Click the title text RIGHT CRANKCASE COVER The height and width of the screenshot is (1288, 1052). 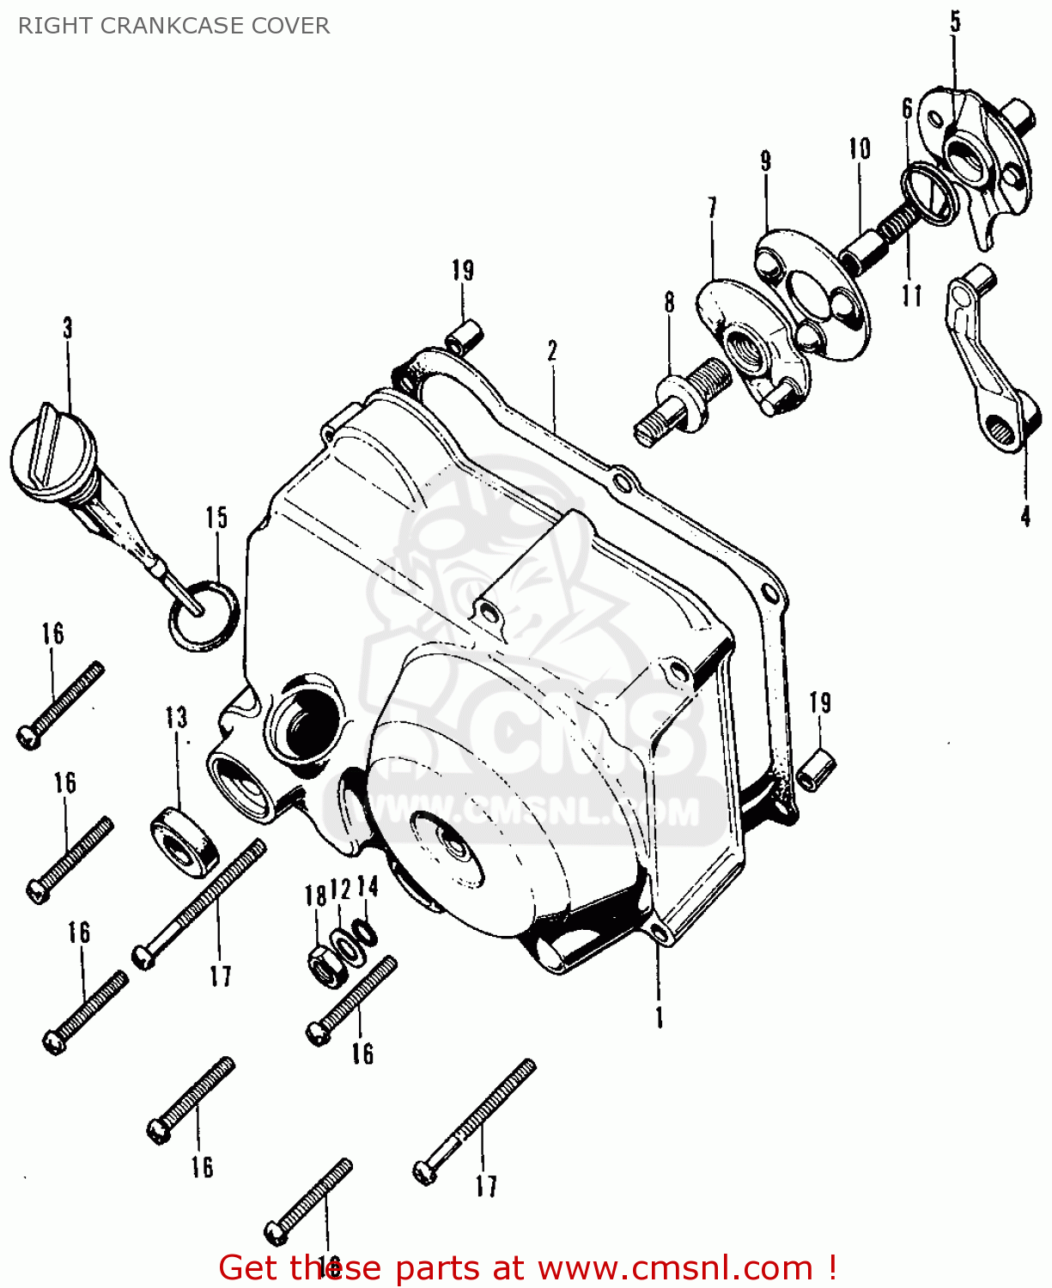click(173, 26)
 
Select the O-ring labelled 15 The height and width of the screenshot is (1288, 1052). click(204, 615)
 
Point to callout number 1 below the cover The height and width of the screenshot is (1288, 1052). click(660, 1018)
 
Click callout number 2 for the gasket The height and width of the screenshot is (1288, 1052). click(553, 350)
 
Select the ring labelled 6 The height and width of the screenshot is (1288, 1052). click(929, 194)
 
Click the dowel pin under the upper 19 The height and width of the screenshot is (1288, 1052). click(465, 336)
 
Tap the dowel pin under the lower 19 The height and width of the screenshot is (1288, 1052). click(817, 769)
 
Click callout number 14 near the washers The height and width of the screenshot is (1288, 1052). click(368, 886)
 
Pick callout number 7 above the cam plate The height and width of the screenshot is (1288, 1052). click(712, 208)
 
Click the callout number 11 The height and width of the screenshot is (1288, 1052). click(911, 295)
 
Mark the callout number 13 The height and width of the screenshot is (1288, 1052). click(176, 717)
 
